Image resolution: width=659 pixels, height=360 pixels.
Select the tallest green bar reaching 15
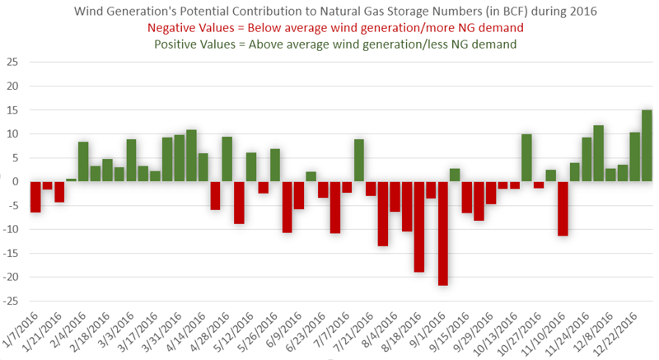[x=647, y=146]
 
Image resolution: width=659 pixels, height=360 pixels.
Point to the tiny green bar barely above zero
[x=72, y=180]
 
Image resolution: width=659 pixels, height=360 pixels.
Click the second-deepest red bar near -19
[x=418, y=227]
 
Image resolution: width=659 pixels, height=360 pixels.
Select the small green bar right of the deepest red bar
[x=455, y=175]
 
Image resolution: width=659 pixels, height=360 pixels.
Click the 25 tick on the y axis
[x=12, y=63]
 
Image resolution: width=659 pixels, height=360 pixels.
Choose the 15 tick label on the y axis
[x=12, y=110]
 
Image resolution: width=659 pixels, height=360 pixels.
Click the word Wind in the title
[x=91, y=12]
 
